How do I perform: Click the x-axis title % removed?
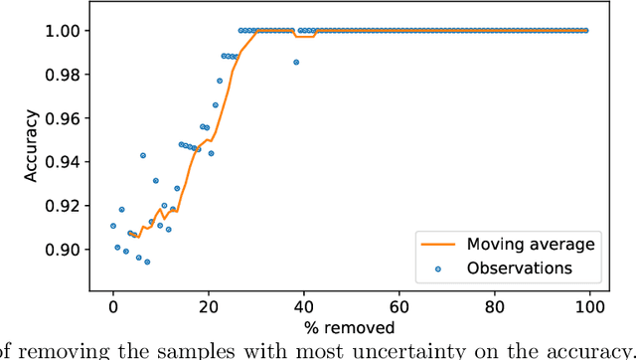coord(351,327)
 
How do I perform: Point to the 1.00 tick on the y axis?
coord(67,31)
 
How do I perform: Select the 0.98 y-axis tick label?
coord(67,75)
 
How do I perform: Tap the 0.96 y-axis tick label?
coord(67,118)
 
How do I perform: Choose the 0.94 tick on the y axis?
coord(67,162)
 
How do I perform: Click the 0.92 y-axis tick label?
coord(67,206)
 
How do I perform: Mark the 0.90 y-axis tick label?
coord(67,250)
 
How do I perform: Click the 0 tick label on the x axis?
coord(112,306)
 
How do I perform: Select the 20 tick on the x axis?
coord(209,306)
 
